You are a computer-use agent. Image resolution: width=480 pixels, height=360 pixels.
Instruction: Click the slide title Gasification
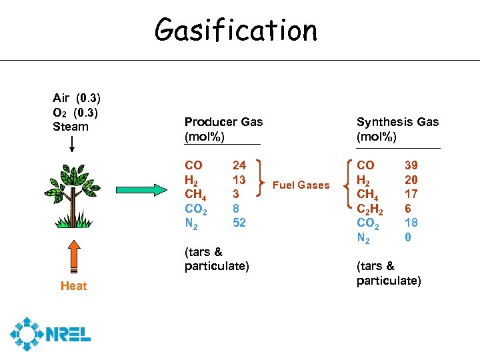tap(236, 30)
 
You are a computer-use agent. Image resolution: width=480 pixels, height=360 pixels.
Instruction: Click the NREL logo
tap(51, 334)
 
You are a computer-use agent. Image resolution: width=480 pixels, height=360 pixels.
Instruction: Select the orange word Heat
tap(73, 286)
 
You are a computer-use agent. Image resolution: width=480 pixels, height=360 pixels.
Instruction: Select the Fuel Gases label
tap(301, 185)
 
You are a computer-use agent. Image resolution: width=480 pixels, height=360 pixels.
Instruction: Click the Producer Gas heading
tap(223, 129)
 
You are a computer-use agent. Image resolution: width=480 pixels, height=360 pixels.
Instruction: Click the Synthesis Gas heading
tap(397, 129)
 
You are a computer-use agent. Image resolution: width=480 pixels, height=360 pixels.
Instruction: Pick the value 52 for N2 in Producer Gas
tap(239, 223)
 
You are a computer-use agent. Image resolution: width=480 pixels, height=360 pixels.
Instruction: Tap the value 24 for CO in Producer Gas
tap(239, 165)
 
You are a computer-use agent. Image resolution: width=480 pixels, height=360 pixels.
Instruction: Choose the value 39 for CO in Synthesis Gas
tap(412, 165)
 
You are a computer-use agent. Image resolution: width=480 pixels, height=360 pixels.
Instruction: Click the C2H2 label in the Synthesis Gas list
tap(370, 209)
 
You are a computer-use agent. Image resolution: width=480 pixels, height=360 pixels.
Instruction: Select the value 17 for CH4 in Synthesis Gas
tap(411, 194)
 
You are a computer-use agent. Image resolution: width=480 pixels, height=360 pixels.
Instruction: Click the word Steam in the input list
tap(71, 127)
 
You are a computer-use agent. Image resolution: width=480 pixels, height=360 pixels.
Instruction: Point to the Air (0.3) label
tap(77, 99)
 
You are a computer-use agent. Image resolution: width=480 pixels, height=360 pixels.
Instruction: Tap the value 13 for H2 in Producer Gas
tap(239, 179)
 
